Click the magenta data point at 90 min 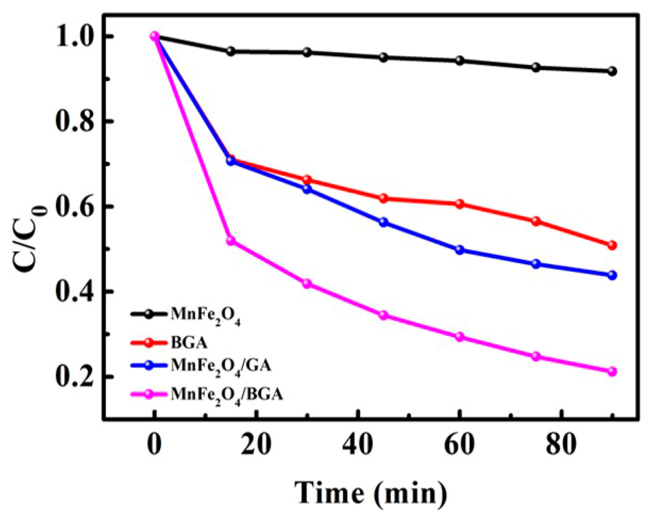tap(612, 371)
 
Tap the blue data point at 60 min tap(460, 250)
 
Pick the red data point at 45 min tap(383, 199)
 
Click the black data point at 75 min tap(536, 67)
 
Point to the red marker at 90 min tap(612, 245)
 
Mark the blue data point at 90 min tap(612, 275)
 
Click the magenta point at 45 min tap(383, 315)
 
